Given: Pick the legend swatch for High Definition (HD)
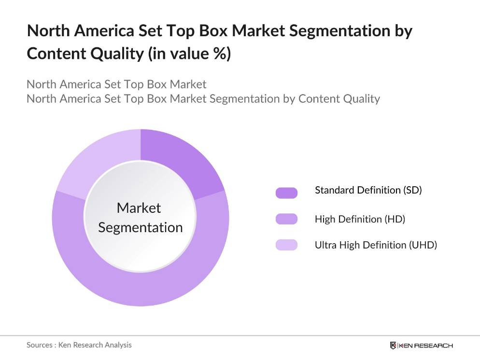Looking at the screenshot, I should click(x=286, y=219).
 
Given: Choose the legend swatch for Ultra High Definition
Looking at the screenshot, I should click(x=286, y=245).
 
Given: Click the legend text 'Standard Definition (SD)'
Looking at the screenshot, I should click(x=368, y=190).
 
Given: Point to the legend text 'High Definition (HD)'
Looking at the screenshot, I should click(x=360, y=219).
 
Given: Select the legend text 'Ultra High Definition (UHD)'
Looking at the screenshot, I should click(x=376, y=245).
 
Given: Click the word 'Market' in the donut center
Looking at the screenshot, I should click(x=139, y=208).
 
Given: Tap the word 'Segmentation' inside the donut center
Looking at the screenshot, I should click(x=140, y=227).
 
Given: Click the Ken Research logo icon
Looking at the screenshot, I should click(x=393, y=346).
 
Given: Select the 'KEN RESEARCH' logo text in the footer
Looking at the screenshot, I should click(x=425, y=346).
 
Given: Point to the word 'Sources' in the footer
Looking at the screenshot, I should click(x=39, y=345).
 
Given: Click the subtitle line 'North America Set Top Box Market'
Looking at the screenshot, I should click(x=116, y=84).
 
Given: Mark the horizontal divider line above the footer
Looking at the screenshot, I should click(x=240, y=335).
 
